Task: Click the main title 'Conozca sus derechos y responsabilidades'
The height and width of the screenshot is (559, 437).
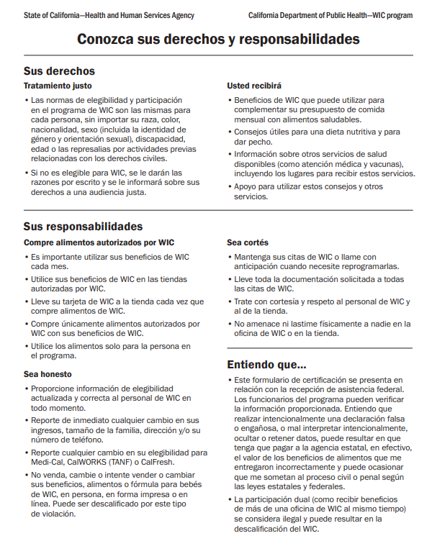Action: (218, 40)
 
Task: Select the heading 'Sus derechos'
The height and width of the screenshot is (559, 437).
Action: (59, 71)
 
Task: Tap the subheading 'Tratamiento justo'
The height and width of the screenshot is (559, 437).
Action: (58, 86)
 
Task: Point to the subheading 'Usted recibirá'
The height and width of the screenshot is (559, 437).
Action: (254, 86)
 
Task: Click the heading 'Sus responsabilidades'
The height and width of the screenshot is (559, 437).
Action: (83, 227)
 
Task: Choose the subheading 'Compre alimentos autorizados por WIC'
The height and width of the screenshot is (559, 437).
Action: (99, 242)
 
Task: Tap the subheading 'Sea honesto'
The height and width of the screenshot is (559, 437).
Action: (48, 374)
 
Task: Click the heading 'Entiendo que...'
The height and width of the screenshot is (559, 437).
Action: (266, 363)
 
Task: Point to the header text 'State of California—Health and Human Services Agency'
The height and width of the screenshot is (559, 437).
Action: (109, 14)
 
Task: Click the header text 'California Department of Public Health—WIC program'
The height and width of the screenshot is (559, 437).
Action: (330, 14)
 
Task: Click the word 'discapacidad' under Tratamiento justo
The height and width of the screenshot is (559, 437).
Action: (163, 139)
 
